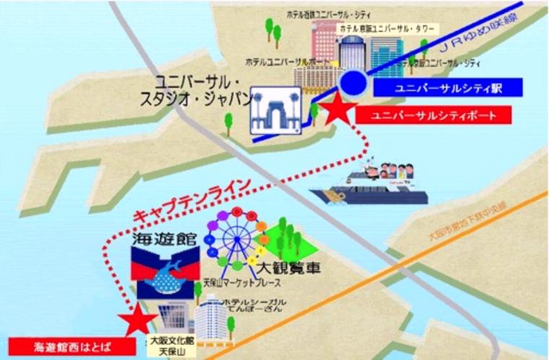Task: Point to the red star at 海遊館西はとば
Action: [137, 320]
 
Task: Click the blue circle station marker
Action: [355, 84]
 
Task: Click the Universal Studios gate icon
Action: [275, 112]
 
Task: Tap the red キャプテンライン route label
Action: [191, 200]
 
